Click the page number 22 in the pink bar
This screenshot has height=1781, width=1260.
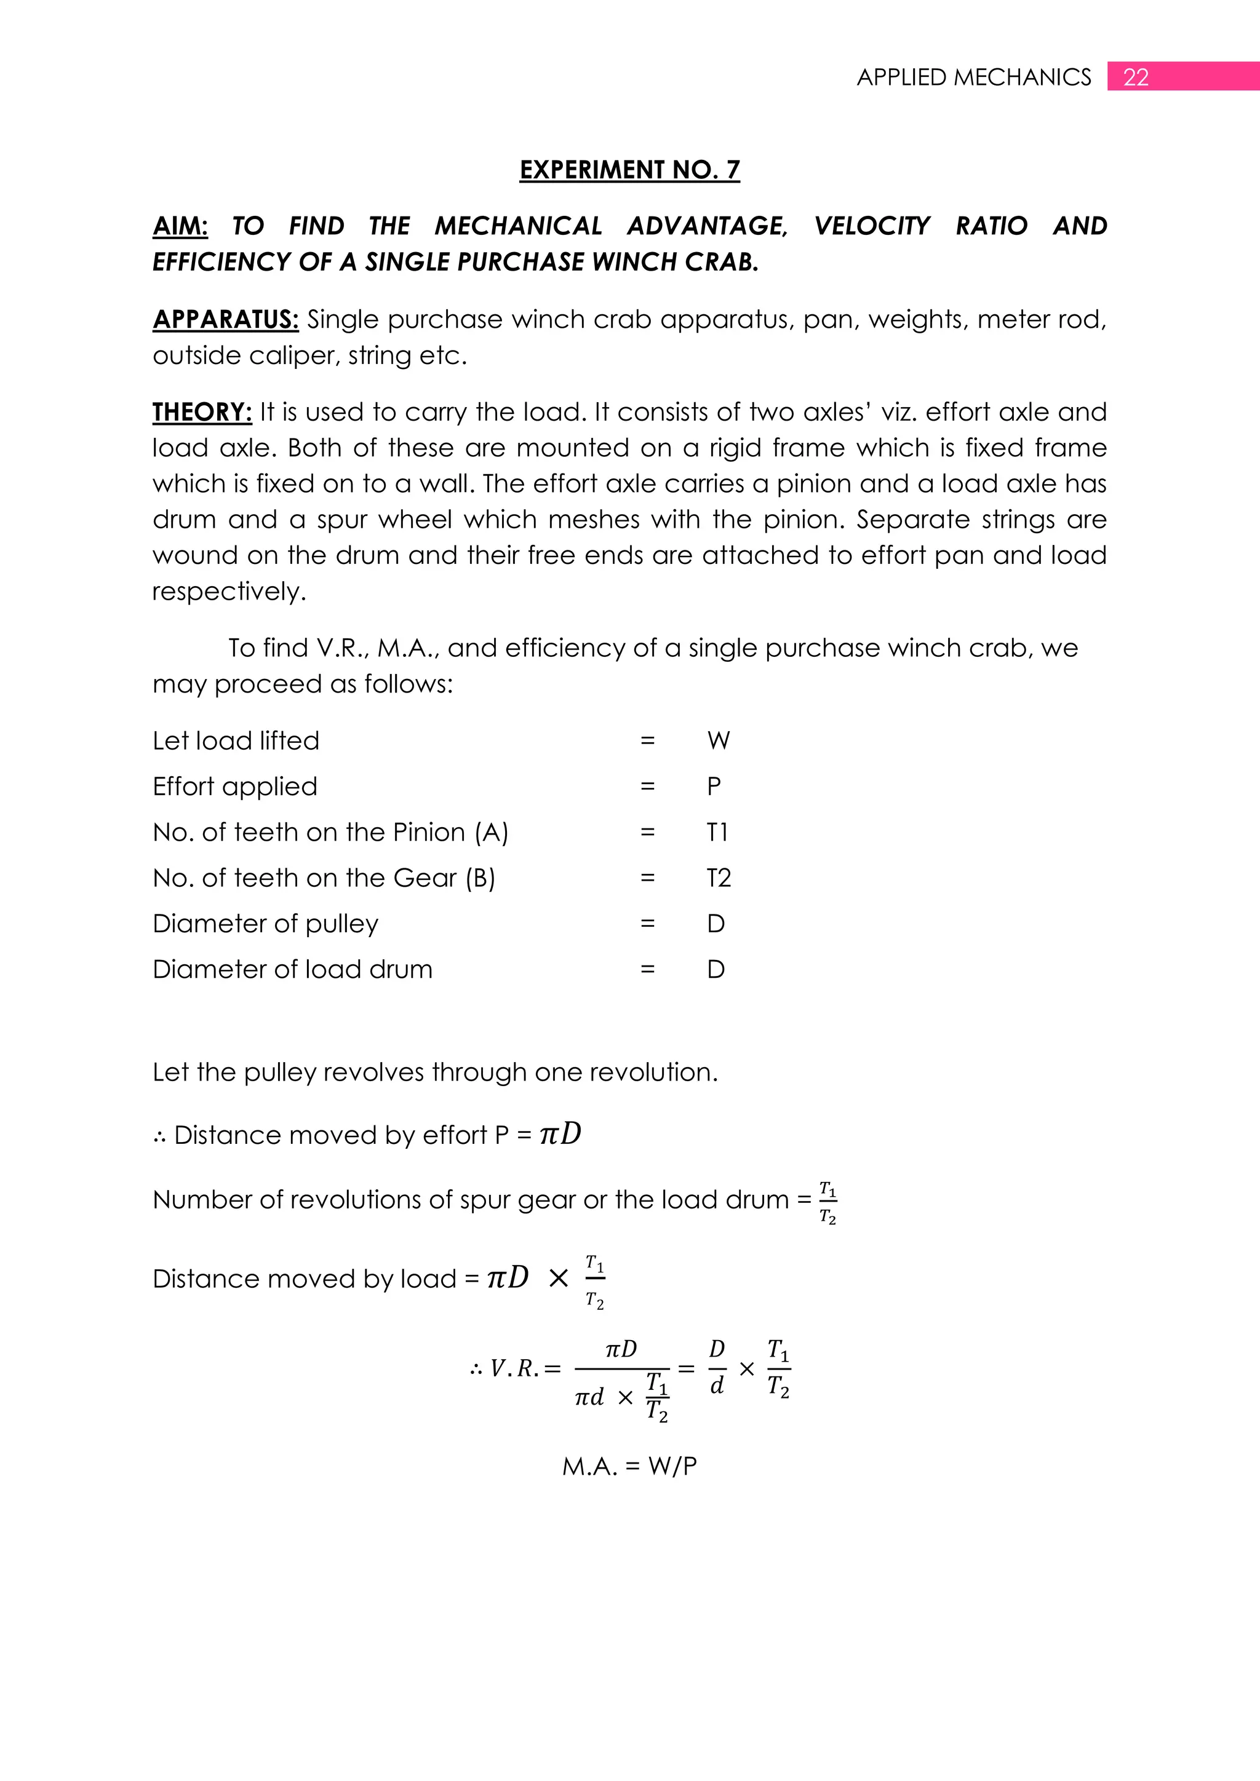(x=1136, y=77)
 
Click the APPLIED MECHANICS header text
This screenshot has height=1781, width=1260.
(x=974, y=77)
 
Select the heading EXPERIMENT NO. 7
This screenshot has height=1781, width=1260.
(x=629, y=169)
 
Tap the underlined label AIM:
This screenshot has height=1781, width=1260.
(x=180, y=226)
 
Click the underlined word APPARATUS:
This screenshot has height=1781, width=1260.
(x=225, y=319)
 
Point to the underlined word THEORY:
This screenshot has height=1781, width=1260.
(x=202, y=412)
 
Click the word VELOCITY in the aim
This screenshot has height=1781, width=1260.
(x=871, y=226)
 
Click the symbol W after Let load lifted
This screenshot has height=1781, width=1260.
(x=719, y=741)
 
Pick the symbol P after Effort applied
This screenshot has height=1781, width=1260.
(x=714, y=787)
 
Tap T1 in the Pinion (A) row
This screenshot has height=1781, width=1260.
(x=717, y=832)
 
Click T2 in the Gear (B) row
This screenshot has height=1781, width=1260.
(x=719, y=878)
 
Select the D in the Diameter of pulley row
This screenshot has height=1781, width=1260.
(x=716, y=924)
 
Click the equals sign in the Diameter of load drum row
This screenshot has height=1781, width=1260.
(x=647, y=970)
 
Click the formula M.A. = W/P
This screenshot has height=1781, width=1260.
(x=629, y=1466)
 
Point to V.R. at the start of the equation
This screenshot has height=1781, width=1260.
(x=514, y=1368)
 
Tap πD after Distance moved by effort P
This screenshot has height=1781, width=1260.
(x=560, y=1134)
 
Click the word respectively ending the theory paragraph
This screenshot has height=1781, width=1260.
(x=229, y=591)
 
